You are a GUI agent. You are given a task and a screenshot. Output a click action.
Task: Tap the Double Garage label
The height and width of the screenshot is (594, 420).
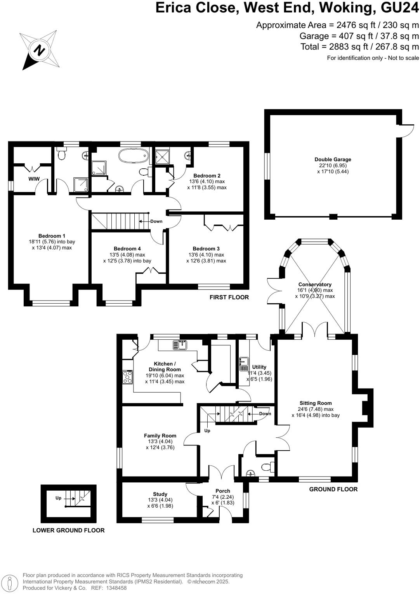[x=333, y=159]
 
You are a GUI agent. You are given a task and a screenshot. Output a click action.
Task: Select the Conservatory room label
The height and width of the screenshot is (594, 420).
[x=315, y=285]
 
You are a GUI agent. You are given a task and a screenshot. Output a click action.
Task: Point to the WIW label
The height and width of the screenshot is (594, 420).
[x=34, y=179]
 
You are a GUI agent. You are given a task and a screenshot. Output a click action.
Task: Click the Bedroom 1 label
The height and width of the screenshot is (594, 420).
[x=52, y=236]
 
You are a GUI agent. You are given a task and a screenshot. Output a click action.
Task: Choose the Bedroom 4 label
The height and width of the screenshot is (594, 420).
[x=127, y=248]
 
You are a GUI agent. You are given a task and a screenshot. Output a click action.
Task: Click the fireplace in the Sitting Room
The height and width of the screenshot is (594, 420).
[x=365, y=408]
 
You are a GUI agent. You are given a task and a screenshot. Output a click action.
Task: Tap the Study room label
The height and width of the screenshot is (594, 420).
[x=160, y=494]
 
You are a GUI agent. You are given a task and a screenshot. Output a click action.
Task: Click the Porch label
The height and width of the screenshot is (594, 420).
[x=223, y=491]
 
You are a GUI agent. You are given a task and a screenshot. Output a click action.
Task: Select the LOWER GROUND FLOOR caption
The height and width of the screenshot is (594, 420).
[x=68, y=530]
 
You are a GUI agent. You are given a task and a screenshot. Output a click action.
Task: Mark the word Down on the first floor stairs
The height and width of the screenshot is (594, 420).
[x=156, y=221]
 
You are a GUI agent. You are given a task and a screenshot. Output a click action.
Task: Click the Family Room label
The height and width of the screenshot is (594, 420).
[x=160, y=436]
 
